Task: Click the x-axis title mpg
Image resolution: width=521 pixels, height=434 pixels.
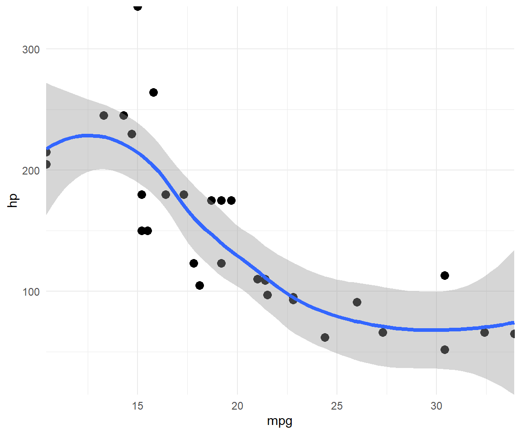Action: tap(280, 421)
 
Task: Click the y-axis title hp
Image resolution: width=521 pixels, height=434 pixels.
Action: tap(13, 200)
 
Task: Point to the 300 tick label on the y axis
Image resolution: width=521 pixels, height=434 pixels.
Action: tap(31, 49)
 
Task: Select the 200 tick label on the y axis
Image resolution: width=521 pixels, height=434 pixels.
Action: tap(31, 170)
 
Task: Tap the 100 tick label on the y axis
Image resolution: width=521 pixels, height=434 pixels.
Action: tap(31, 291)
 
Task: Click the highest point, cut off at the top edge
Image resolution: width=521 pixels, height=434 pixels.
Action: tap(137, 7)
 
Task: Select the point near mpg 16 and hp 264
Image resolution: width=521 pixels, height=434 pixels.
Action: tap(153, 92)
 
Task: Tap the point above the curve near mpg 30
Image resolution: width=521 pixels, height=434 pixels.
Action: tap(445, 275)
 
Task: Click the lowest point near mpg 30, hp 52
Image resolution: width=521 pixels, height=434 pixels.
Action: tap(445, 349)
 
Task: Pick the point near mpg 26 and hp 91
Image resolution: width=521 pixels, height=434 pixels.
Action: tap(357, 302)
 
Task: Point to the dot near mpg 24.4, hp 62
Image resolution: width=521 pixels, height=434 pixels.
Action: tap(325, 337)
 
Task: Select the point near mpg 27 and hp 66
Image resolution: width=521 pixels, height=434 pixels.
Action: tap(383, 332)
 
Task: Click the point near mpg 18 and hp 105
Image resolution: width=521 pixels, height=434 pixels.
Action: tap(199, 285)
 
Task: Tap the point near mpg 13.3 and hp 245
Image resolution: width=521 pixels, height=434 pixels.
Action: tap(104, 115)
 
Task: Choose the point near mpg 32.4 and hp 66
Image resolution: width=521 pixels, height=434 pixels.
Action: tap(484, 332)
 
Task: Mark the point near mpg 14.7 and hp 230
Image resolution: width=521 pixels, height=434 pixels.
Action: tap(132, 134)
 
